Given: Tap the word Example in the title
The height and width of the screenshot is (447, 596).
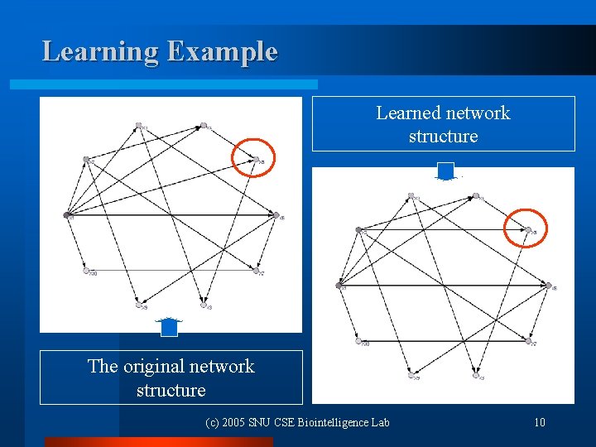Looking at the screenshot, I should (x=222, y=51).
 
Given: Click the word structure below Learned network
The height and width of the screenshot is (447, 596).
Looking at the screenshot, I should (x=443, y=136).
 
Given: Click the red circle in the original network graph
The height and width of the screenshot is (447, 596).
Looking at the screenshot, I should (x=252, y=157).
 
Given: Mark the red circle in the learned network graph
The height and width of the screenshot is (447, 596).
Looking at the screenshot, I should (x=526, y=228).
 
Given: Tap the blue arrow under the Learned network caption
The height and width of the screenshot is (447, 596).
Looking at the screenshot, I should (x=446, y=171).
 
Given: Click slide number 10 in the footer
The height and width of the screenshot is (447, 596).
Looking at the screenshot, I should (x=540, y=423).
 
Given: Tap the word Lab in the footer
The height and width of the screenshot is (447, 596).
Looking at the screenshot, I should (x=380, y=423).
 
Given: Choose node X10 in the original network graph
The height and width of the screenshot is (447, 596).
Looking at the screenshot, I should (x=86, y=270).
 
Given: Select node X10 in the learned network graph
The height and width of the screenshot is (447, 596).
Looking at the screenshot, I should (x=358, y=340).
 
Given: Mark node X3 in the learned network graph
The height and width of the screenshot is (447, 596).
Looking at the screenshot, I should (x=476, y=375).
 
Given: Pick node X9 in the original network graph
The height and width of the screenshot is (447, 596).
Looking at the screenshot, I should (x=139, y=305).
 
